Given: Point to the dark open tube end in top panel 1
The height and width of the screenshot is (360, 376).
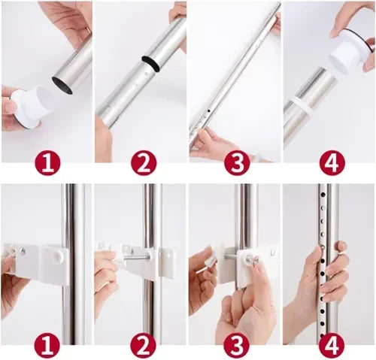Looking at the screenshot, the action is coord(62,86).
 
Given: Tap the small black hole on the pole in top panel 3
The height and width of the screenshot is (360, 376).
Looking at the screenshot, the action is coord(208,110).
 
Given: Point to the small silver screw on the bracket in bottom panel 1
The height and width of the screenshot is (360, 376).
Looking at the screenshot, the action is coord(23,250).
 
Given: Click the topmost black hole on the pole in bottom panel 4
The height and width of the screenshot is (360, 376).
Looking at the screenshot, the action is coord(323,194).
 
